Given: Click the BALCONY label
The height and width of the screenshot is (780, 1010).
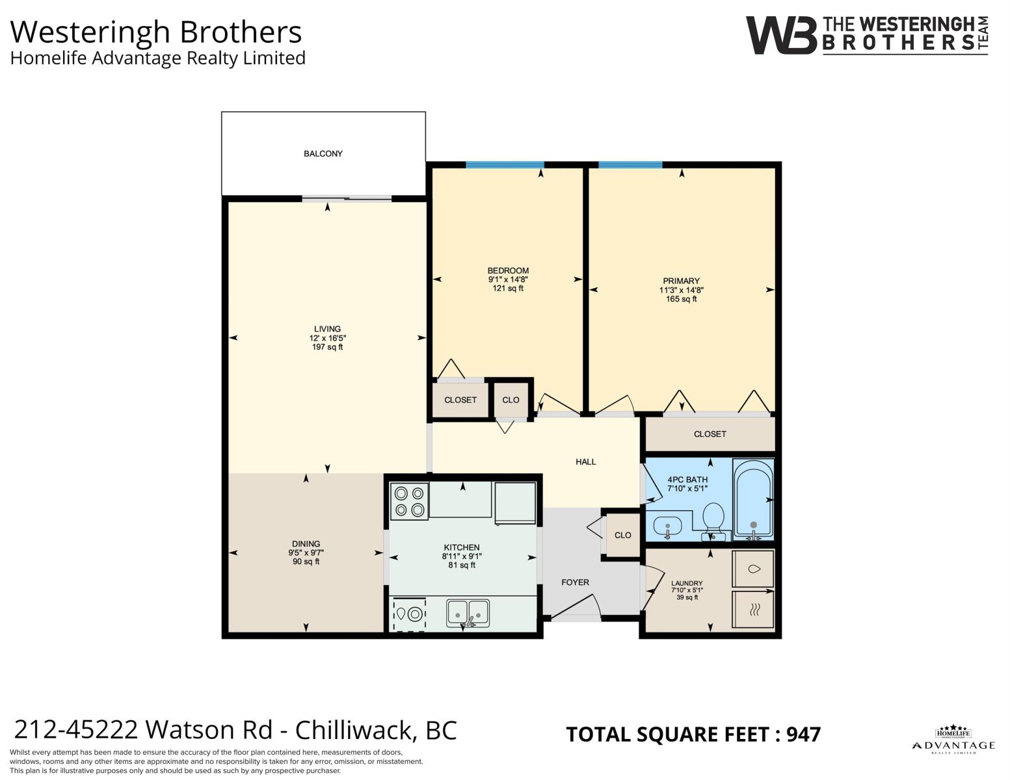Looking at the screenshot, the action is pyautogui.click(x=323, y=154).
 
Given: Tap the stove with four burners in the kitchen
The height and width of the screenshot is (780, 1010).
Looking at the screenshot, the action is pyautogui.click(x=409, y=501).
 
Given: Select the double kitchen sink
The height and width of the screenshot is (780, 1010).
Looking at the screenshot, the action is pyautogui.click(x=468, y=614).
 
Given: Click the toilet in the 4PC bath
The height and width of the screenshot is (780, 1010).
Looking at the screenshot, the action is pyautogui.click(x=713, y=520).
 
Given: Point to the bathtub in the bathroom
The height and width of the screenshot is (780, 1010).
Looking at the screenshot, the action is pyautogui.click(x=753, y=499).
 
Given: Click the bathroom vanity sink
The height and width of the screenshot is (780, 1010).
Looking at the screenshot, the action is pyautogui.click(x=667, y=526).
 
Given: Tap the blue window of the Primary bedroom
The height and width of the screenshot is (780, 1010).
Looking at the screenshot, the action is pyautogui.click(x=630, y=165).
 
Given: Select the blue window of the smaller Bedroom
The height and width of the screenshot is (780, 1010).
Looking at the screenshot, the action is pyautogui.click(x=505, y=165).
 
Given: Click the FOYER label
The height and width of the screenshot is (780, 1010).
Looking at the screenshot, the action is pyautogui.click(x=575, y=582).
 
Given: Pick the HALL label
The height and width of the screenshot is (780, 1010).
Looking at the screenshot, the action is pyautogui.click(x=585, y=461).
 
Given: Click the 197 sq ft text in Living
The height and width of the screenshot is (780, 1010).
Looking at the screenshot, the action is pyautogui.click(x=327, y=347).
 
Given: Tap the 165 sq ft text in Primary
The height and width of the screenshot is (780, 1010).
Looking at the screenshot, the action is pyautogui.click(x=682, y=299).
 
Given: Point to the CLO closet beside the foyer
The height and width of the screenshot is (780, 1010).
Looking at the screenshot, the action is pyautogui.click(x=623, y=535).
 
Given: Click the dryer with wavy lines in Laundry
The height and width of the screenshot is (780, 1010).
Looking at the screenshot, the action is pyautogui.click(x=753, y=610).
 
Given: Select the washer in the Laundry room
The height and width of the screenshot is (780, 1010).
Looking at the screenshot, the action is pyautogui.click(x=753, y=569).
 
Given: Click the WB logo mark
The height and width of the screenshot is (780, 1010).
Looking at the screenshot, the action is pyautogui.click(x=781, y=36).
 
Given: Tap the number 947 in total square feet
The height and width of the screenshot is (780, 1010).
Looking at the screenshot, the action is pyautogui.click(x=803, y=734).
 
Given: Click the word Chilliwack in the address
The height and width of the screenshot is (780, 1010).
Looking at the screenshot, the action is pyautogui.click(x=354, y=731).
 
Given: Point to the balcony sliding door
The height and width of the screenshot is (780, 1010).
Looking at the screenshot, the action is pyautogui.click(x=347, y=199).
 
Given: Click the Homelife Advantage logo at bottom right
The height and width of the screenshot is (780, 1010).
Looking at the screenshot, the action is pyautogui.click(x=953, y=740).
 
